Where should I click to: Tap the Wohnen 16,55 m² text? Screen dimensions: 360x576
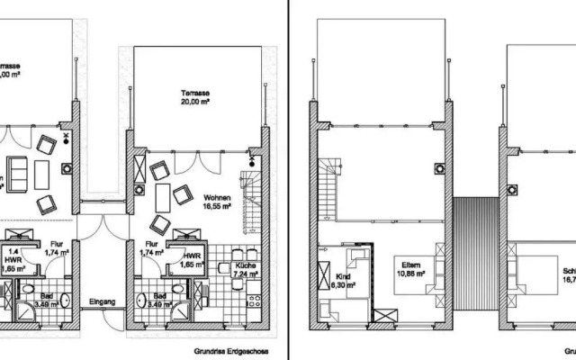click(x=218, y=201)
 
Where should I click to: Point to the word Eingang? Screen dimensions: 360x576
click(x=100, y=302)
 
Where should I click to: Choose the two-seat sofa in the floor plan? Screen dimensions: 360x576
click(x=15, y=171)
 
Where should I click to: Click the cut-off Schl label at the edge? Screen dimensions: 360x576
click(x=568, y=274)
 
